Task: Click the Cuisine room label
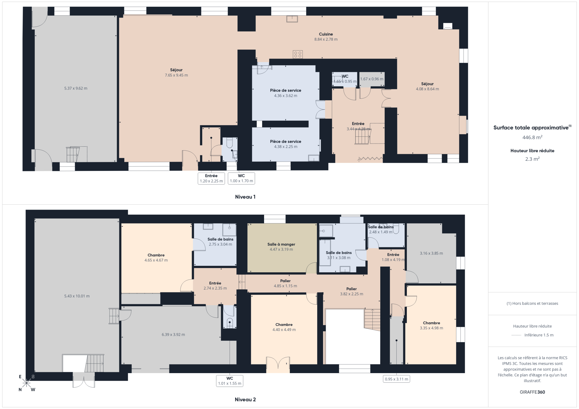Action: point(326,34)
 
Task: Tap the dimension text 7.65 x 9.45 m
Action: point(176,75)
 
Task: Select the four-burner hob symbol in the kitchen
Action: point(297,54)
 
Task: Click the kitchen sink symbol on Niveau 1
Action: point(292,19)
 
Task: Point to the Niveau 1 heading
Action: point(245,197)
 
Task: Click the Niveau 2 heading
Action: point(245,399)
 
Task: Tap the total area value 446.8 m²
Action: point(532,137)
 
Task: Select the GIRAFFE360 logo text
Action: point(532,392)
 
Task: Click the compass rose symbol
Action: point(27,383)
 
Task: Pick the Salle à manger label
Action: point(281,244)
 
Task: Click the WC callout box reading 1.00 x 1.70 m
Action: point(241,178)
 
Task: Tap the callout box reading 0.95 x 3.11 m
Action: point(396,379)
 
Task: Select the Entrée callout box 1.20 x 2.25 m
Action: point(211,178)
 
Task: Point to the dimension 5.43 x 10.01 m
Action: point(77,296)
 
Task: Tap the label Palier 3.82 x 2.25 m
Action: point(351,291)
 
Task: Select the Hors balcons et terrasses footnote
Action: point(532,303)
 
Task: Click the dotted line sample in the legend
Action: point(516,335)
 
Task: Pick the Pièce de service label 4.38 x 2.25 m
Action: point(285,144)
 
